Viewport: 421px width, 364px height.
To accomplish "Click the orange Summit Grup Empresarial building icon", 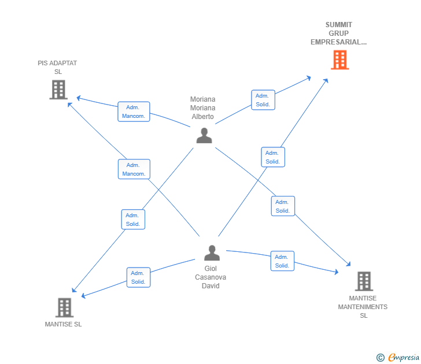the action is click(340, 60).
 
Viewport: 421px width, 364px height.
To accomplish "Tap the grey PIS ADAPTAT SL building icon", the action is click(58, 90).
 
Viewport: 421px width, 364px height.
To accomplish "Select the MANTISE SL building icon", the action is click(64, 307).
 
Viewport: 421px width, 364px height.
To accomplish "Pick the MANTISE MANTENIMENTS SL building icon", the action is click(364, 281).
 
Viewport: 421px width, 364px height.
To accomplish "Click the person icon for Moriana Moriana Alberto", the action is click(204, 135).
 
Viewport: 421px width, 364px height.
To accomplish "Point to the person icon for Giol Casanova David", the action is click(212, 252).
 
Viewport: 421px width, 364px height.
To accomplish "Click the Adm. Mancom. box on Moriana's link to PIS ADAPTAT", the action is click(134, 112).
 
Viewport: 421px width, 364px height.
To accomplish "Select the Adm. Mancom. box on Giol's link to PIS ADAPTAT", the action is click(134, 169).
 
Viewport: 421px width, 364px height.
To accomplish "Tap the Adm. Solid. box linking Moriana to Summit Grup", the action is click(263, 100).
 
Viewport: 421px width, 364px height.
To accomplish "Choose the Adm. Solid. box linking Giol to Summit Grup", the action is click(273, 157).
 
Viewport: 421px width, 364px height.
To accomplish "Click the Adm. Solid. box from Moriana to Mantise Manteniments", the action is click(283, 206).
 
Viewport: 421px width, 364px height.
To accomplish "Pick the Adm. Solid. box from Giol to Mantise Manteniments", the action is click(282, 261).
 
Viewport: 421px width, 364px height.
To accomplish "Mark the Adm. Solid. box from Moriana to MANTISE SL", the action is click(133, 220).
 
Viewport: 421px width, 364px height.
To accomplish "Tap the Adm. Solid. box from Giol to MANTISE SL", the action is click(139, 277).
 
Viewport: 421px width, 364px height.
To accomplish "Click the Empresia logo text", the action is click(404, 357).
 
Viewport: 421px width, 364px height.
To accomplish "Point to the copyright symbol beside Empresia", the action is click(380, 358).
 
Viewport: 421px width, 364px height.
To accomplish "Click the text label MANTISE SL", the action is click(64, 324).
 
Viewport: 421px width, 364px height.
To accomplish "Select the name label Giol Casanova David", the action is click(211, 277).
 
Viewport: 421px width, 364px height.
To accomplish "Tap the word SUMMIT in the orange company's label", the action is click(339, 25).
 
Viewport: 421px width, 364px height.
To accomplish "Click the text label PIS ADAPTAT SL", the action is click(57, 68).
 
